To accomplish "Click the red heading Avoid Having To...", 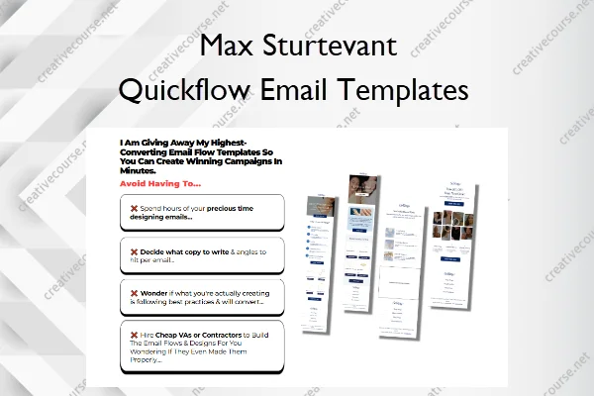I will pyautogui.click(x=160, y=183).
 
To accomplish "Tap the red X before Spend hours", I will pyautogui.click(x=134, y=208).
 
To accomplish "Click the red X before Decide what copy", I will pyautogui.click(x=134, y=250).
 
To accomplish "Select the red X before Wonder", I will pyautogui.click(x=134, y=293).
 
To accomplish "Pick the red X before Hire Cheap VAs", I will pyautogui.click(x=134, y=336).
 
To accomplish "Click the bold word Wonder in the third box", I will pyautogui.click(x=158, y=293).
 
